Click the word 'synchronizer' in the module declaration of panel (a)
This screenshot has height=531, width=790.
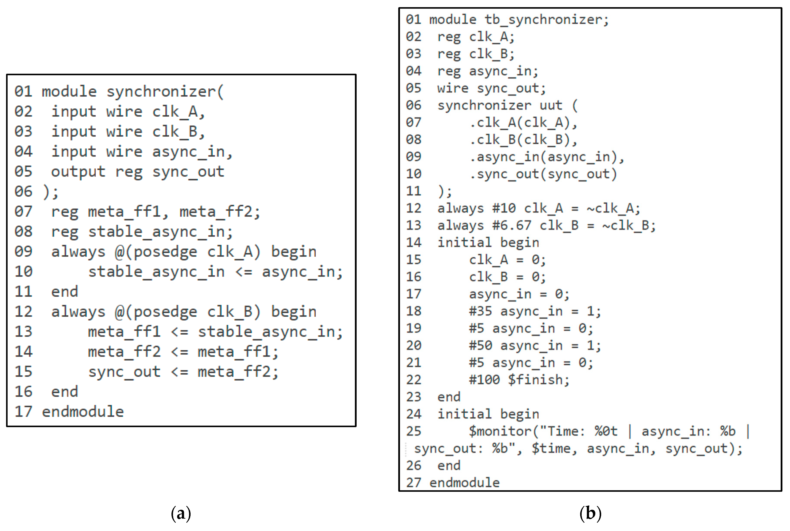(161, 92)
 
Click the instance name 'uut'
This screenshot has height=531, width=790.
(551, 105)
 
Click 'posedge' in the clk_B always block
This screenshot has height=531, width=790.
(165, 312)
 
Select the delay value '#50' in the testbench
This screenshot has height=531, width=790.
(480, 345)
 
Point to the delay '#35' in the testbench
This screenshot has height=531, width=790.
(480, 311)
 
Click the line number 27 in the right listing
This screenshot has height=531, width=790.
(413, 483)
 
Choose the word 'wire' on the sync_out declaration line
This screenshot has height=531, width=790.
(453, 88)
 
